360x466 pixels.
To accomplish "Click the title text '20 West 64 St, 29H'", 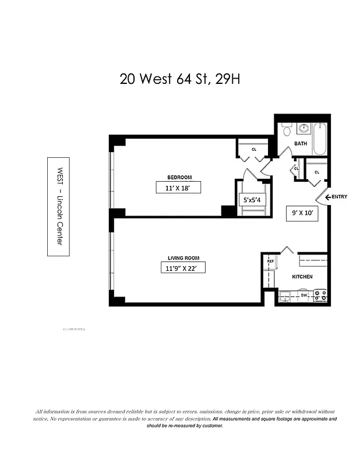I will [179, 79].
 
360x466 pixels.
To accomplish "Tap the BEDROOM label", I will [179, 177].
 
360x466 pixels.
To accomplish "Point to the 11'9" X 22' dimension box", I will [183, 268].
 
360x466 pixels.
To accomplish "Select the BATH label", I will [300, 143].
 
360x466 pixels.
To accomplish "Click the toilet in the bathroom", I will [286, 130].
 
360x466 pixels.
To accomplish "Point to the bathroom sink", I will [303, 128].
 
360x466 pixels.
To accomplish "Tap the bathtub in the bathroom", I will [320, 139].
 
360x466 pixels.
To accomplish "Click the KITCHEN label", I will [302, 277].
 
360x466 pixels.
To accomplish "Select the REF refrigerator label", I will [270, 262].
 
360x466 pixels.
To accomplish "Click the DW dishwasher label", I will [303, 295].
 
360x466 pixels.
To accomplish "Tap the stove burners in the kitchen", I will [320, 296].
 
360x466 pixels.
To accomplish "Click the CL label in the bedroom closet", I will [254, 149].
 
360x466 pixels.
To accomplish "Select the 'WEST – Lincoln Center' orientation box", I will [58, 207].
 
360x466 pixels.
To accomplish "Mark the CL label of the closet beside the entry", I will [317, 172].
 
